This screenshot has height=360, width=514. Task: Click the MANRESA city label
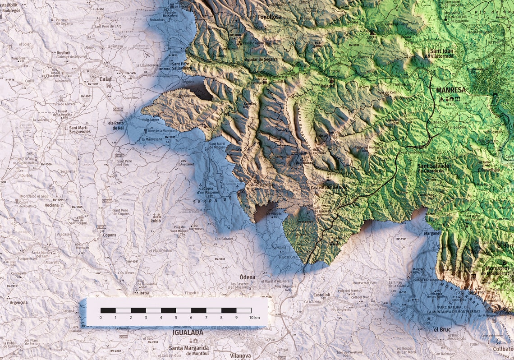point(450,90)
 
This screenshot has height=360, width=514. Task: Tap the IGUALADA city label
point(188,332)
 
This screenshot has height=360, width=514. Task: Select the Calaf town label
point(105,78)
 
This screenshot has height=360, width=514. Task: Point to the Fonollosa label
point(270,17)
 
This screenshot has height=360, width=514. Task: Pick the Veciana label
point(51,205)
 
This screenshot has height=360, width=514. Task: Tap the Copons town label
point(109,235)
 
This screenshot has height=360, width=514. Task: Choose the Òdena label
point(247,277)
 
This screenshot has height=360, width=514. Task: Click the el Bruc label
point(442,329)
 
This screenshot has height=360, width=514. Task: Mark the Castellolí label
point(322,295)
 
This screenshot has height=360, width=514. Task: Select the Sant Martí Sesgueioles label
point(80,129)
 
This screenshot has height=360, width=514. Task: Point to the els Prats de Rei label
point(116,125)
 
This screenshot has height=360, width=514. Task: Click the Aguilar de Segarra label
point(261,59)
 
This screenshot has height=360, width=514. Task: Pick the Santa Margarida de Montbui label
point(189,350)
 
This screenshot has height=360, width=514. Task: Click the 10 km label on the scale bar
point(254,318)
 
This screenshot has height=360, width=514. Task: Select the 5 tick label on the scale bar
point(176,318)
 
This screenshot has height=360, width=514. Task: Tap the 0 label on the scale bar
point(101,318)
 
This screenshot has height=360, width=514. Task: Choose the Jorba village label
point(144,292)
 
